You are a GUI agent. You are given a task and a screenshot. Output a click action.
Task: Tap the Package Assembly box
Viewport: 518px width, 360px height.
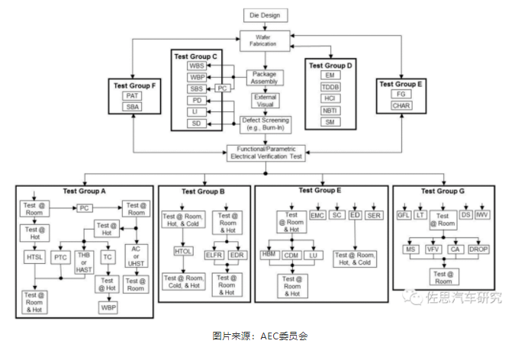click(265, 78)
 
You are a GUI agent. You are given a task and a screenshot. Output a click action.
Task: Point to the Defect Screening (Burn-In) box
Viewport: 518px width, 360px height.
click(265, 124)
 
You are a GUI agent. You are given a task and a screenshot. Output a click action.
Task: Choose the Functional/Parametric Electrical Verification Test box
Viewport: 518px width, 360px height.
click(265, 153)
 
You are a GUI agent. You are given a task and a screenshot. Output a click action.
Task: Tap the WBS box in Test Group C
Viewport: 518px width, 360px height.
click(198, 66)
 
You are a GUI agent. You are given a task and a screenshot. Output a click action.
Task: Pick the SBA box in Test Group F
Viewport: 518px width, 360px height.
click(133, 108)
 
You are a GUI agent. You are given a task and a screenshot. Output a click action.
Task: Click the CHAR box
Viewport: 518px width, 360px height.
click(401, 104)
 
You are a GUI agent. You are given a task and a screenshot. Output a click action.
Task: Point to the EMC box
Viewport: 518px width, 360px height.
click(318, 216)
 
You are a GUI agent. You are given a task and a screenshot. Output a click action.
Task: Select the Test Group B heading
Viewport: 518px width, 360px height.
click(202, 191)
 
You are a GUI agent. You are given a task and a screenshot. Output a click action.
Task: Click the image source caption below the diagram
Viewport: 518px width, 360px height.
click(259, 336)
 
